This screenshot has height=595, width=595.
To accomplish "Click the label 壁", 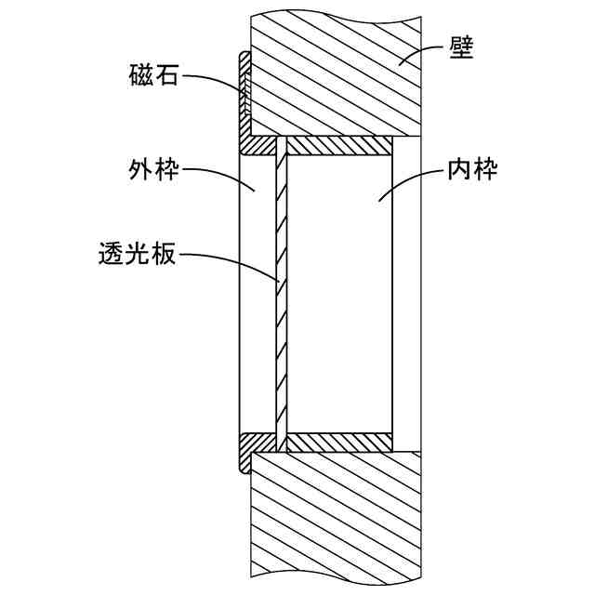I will pos(461,47).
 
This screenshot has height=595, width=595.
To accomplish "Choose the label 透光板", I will pos(138,253).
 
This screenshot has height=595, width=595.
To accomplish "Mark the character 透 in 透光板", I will pos(111,253).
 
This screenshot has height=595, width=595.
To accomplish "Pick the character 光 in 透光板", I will pos(138,253).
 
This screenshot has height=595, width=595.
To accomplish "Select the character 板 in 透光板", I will pos(165,253).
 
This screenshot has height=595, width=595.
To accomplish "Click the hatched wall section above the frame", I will pos(335,74).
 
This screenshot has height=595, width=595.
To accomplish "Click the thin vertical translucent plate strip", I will pos(281,297).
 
